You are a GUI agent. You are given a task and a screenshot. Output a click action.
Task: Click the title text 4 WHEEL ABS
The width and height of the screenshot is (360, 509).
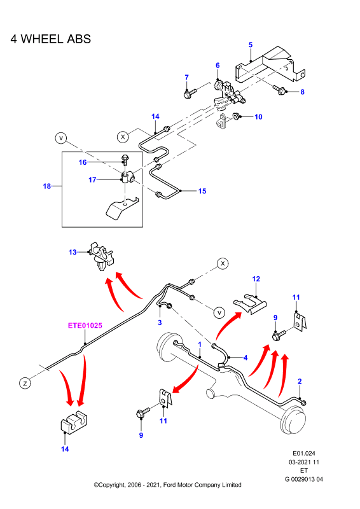[x=51, y=39]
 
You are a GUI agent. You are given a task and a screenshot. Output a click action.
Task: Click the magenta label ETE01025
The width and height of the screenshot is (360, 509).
[x=85, y=325]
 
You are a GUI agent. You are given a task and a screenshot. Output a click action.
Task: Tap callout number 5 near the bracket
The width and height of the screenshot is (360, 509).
[x=251, y=45]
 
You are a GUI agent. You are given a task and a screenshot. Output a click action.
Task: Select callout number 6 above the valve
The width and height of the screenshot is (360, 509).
[x=218, y=66]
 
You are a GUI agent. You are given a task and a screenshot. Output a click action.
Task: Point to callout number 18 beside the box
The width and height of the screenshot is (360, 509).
[x=47, y=186]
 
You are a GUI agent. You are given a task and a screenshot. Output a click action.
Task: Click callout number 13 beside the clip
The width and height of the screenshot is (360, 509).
[x=73, y=252]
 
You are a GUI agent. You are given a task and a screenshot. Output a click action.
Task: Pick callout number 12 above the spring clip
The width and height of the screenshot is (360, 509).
[x=256, y=279]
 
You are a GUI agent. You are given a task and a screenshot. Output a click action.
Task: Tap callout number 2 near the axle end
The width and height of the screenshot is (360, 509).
[x=300, y=381]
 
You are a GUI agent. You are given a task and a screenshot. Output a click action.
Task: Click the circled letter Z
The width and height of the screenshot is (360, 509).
[x=25, y=383]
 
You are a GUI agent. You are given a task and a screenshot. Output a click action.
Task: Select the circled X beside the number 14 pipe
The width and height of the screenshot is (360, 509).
[x=123, y=137]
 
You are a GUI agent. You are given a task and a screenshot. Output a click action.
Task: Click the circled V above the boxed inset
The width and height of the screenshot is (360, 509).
[x=60, y=138]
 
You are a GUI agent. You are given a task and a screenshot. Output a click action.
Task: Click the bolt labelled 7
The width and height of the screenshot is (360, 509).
[x=190, y=94]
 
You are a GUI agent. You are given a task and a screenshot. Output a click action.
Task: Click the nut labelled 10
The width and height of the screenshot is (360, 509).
[x=236, y=116]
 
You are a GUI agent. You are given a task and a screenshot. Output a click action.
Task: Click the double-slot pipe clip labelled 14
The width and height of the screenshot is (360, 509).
[x=74, y=422]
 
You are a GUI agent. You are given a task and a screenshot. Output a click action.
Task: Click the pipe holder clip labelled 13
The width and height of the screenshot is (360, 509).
[x=102, y=256]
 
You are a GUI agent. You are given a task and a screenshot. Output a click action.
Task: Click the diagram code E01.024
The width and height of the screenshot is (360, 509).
[x=304, y=453]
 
